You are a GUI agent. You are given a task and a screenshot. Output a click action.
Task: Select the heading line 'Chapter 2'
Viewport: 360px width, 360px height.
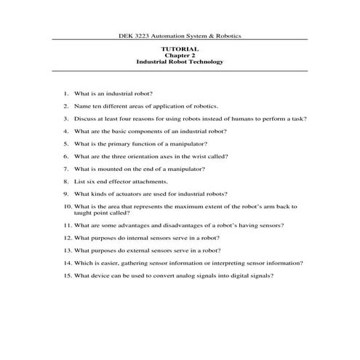[180, 55]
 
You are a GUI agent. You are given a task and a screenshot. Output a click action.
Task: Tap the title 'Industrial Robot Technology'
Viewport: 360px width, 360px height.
[180, 62]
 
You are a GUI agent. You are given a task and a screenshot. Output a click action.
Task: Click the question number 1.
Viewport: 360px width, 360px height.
[65, 95]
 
